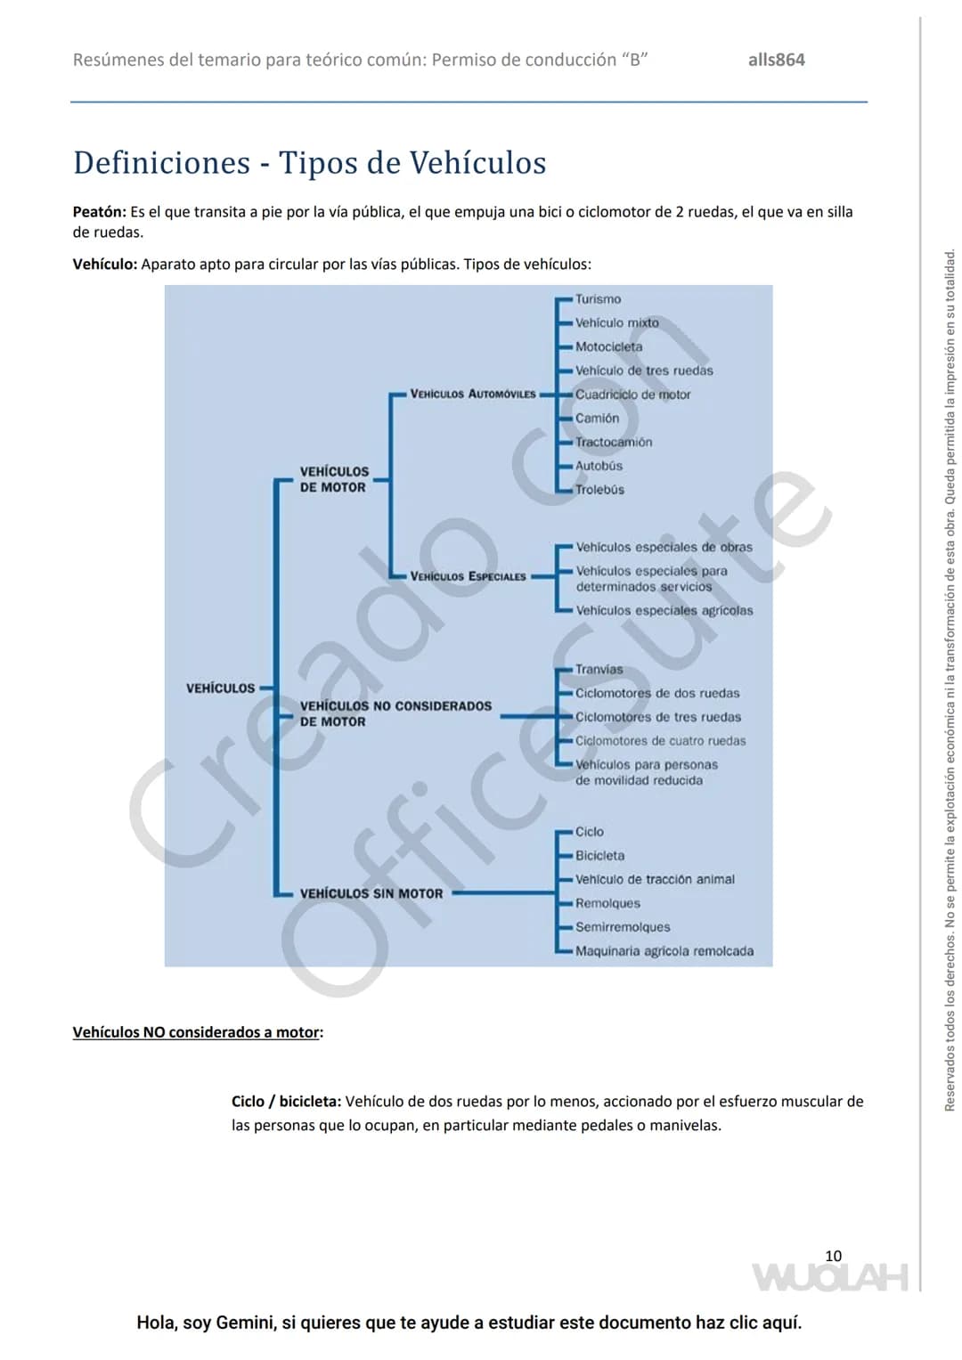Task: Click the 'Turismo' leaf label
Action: coord(598,299)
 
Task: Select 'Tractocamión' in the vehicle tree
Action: coord(614,442)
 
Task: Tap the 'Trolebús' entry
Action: coord(599,489)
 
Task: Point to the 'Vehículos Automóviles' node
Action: coord(472,394)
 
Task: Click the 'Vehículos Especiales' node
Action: coord(468,576)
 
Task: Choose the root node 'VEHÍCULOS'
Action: coord(221,688)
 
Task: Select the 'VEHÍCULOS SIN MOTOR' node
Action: coord(371,893)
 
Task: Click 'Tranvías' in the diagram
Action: coord(599,669)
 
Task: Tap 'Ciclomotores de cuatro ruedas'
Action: coord(660,741)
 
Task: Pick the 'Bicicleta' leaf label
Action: coord(599,856)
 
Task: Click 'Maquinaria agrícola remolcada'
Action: coord(664,951)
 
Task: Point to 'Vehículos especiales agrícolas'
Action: coord(664,610)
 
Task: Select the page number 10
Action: coord(833,1256)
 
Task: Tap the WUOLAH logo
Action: coord(830,1277)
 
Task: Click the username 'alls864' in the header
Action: coord(776,60)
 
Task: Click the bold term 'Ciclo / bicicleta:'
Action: coord(286,1102)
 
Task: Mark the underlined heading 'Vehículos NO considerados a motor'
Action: coord(196,1032)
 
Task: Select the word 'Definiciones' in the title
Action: coord(161,163)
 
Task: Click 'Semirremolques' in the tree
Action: coord(623,927)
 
